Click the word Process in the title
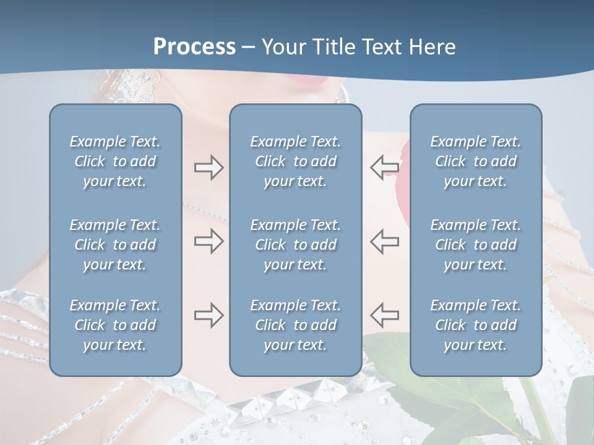194,47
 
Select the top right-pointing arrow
209,167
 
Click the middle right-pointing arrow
209,242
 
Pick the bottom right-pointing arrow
209,315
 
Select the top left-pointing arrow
384,167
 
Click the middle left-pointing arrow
384,242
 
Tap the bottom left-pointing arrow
384,315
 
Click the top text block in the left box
115,161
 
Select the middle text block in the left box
115,245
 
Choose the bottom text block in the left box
115,325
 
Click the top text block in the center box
295,161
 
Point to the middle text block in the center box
295,245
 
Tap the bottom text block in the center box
295,325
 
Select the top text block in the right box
475,161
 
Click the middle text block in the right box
475,245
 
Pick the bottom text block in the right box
475,325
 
